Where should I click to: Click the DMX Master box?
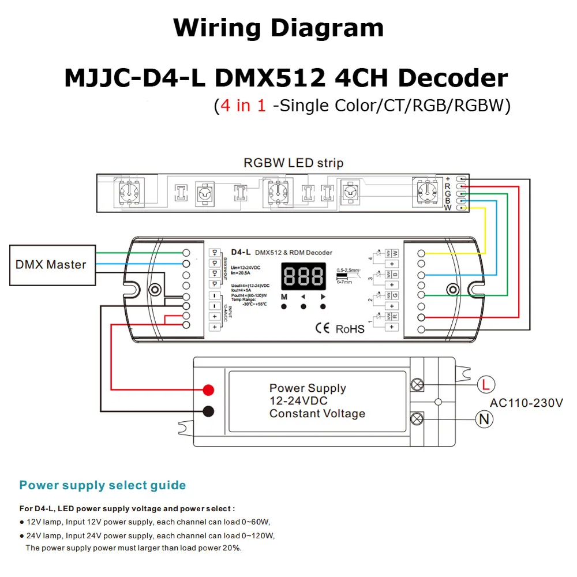pyautogui.click(x=51, y=265)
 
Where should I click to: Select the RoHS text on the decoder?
pyautogui.click(x=350, y=329)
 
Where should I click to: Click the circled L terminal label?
pyautogui.click(x=486, y=384)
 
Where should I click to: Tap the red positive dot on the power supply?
pyautogui.click(x=208, y=389)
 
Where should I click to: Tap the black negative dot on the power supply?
pyautogui.click(x=208, y=411)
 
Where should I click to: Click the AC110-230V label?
pyautogui.click(x=526, y=403)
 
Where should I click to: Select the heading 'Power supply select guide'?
pyautogui.click(x=103, y=485)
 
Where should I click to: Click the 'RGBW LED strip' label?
pyautogui.click(x=293, y=163)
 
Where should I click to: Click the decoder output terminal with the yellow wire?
pyautogui.click(x=422, y=254)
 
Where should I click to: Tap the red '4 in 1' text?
pyautogui.click(x=240, y=106)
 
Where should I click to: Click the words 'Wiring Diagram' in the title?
pyautogui.click(x=279, y=28)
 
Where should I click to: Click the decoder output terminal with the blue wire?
pyautogui.click(x=422, y=275)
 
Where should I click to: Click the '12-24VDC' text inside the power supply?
pyautogui.click(x=298, y=400)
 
